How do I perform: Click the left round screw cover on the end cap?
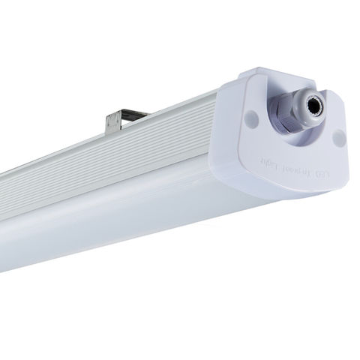[249, 116]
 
